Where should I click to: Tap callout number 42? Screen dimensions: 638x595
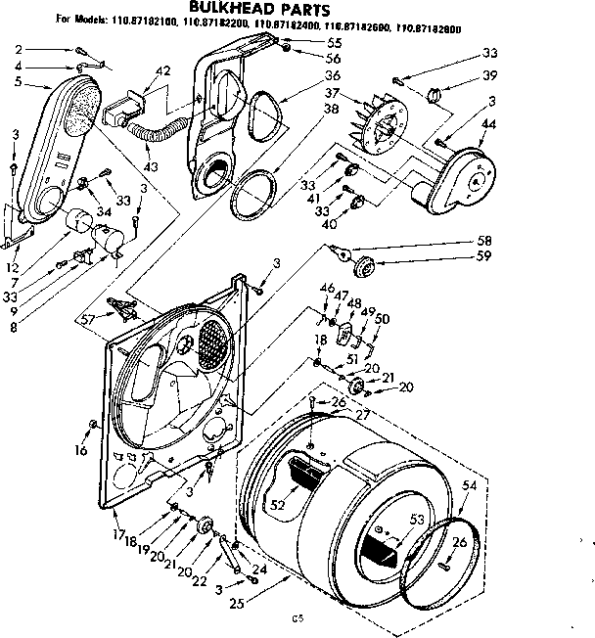point(163,69)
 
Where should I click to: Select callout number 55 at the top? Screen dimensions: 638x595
point(334,44)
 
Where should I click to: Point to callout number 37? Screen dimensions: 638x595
point(335,94)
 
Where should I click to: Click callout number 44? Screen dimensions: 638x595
point(488,124)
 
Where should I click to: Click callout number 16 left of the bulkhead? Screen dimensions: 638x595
point(80,451)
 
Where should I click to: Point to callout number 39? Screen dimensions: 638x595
point(489,76)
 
